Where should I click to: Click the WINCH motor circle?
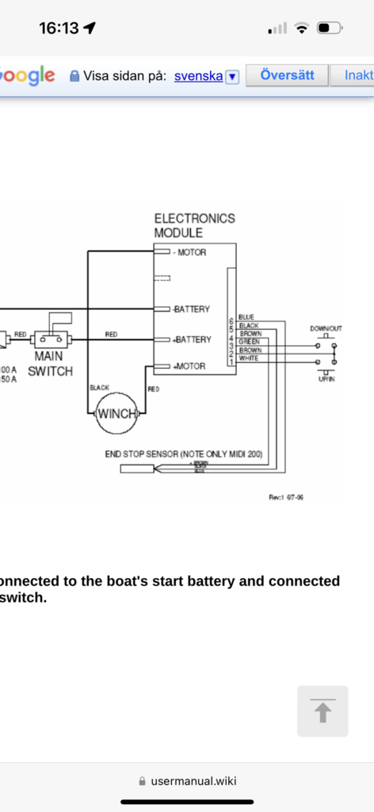pos(116,413)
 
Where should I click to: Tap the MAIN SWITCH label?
pos(51,365)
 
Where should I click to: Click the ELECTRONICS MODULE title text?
pos(194,225)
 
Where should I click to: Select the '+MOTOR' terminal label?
pos(189,366)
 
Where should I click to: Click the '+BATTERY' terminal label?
pos(192,339)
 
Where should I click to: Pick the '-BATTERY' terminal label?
pos(191,308)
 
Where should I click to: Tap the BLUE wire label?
pos(246,317)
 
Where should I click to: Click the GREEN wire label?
pos(249,342)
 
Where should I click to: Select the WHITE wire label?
pos(248,358)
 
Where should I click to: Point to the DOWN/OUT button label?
pos(325,328)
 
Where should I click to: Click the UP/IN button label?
pos(325,381)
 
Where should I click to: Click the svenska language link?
pos(198,76)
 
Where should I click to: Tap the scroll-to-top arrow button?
pos(322,711)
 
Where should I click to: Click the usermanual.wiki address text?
pos(193,780)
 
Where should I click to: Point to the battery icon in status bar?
pos(328,29)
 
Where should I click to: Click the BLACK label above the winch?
pos(99,388)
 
